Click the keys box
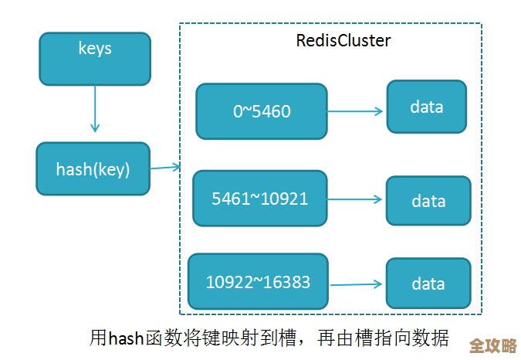coord(95,58)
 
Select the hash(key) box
coord(93,168)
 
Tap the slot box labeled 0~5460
coord(262,110)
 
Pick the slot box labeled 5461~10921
coord(259,199)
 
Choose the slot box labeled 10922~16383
coord(258,282)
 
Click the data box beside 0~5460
coord(427,106)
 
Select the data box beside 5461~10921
coord(428,201)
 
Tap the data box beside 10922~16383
coord(428,284)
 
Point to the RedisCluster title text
coord(343,41)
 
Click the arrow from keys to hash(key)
coord(95,108)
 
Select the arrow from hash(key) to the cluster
coord(165,167)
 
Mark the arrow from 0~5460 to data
coord(356,111)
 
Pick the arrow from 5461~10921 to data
coord(355,199)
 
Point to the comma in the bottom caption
coord(299,342)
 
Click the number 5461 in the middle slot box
coord(230,199)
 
